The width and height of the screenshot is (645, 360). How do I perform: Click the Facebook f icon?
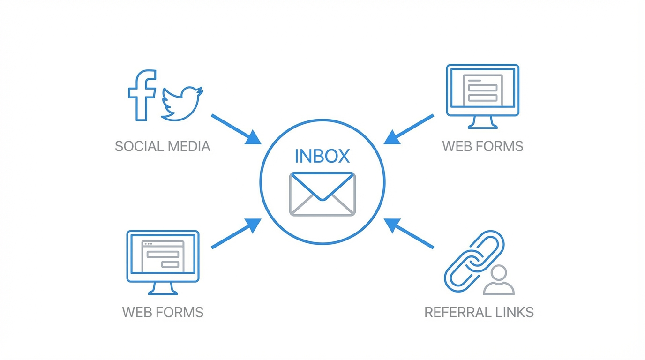(x=142, y=95)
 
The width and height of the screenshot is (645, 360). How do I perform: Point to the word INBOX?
(x=322, y=157)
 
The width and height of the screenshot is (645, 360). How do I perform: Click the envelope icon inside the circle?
(x=322, y=194)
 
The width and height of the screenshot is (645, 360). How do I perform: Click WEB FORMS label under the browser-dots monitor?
(x=163, y=312)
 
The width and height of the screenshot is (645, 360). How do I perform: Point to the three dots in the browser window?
(x=148, y=244)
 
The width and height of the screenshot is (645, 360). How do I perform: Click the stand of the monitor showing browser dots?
(x=163, y=288)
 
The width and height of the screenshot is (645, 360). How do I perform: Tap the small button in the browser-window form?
(x=170, y=264)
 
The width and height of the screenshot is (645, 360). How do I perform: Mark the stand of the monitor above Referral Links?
(x=483, y=122)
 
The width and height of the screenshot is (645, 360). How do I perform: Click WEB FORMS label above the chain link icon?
(x=482, y=146)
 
